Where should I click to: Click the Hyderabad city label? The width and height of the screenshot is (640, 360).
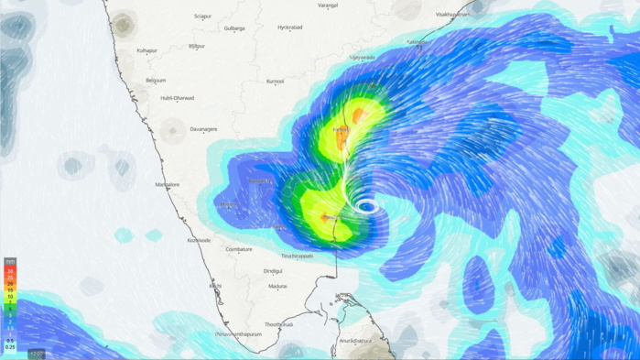pyautogui.click(x=290, y=27)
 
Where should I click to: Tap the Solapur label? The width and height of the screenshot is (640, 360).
pyautogui.click(x=203, y=16)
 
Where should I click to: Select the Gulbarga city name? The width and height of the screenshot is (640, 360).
pyautogui.click(x=234, y=28)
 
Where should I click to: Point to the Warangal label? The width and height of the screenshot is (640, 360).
pyautogui.click(x=328, y=5)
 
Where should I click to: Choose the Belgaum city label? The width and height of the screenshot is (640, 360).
pyautogui.click(x=156, y=80)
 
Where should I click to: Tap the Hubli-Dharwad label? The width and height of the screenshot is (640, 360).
pyautogui.click(x=178, y=98)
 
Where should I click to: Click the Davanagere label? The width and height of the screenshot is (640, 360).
pyautogui.click(x=203, y=129)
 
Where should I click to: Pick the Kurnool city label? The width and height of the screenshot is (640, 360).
pyautogui.click(x=275, y=82)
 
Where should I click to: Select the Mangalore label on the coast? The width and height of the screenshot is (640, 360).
pyautogui.click(x=168, y=184)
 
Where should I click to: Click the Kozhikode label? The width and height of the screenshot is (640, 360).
pyautogui.click(x=199, y=240)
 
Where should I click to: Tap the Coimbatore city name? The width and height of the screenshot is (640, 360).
pyautogui.click(x=239, y=249)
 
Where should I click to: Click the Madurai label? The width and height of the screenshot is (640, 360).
pyautogui.click(x=277, y=287)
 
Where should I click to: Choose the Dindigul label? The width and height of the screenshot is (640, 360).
pyautogui.click(x=273, y=271)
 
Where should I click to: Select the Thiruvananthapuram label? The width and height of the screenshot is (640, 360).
pyautogui.click(x=238, y=334)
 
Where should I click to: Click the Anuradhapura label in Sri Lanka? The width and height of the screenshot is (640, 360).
pyautogui.click(x=355, y=341)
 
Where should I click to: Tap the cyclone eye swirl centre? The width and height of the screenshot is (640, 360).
pyautogui.click(x=366, y=206)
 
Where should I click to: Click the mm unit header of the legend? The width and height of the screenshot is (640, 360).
pyautogui.click(x=10, y=262)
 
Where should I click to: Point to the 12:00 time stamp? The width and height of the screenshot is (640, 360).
pyautogui.click(x=37, y=353)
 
